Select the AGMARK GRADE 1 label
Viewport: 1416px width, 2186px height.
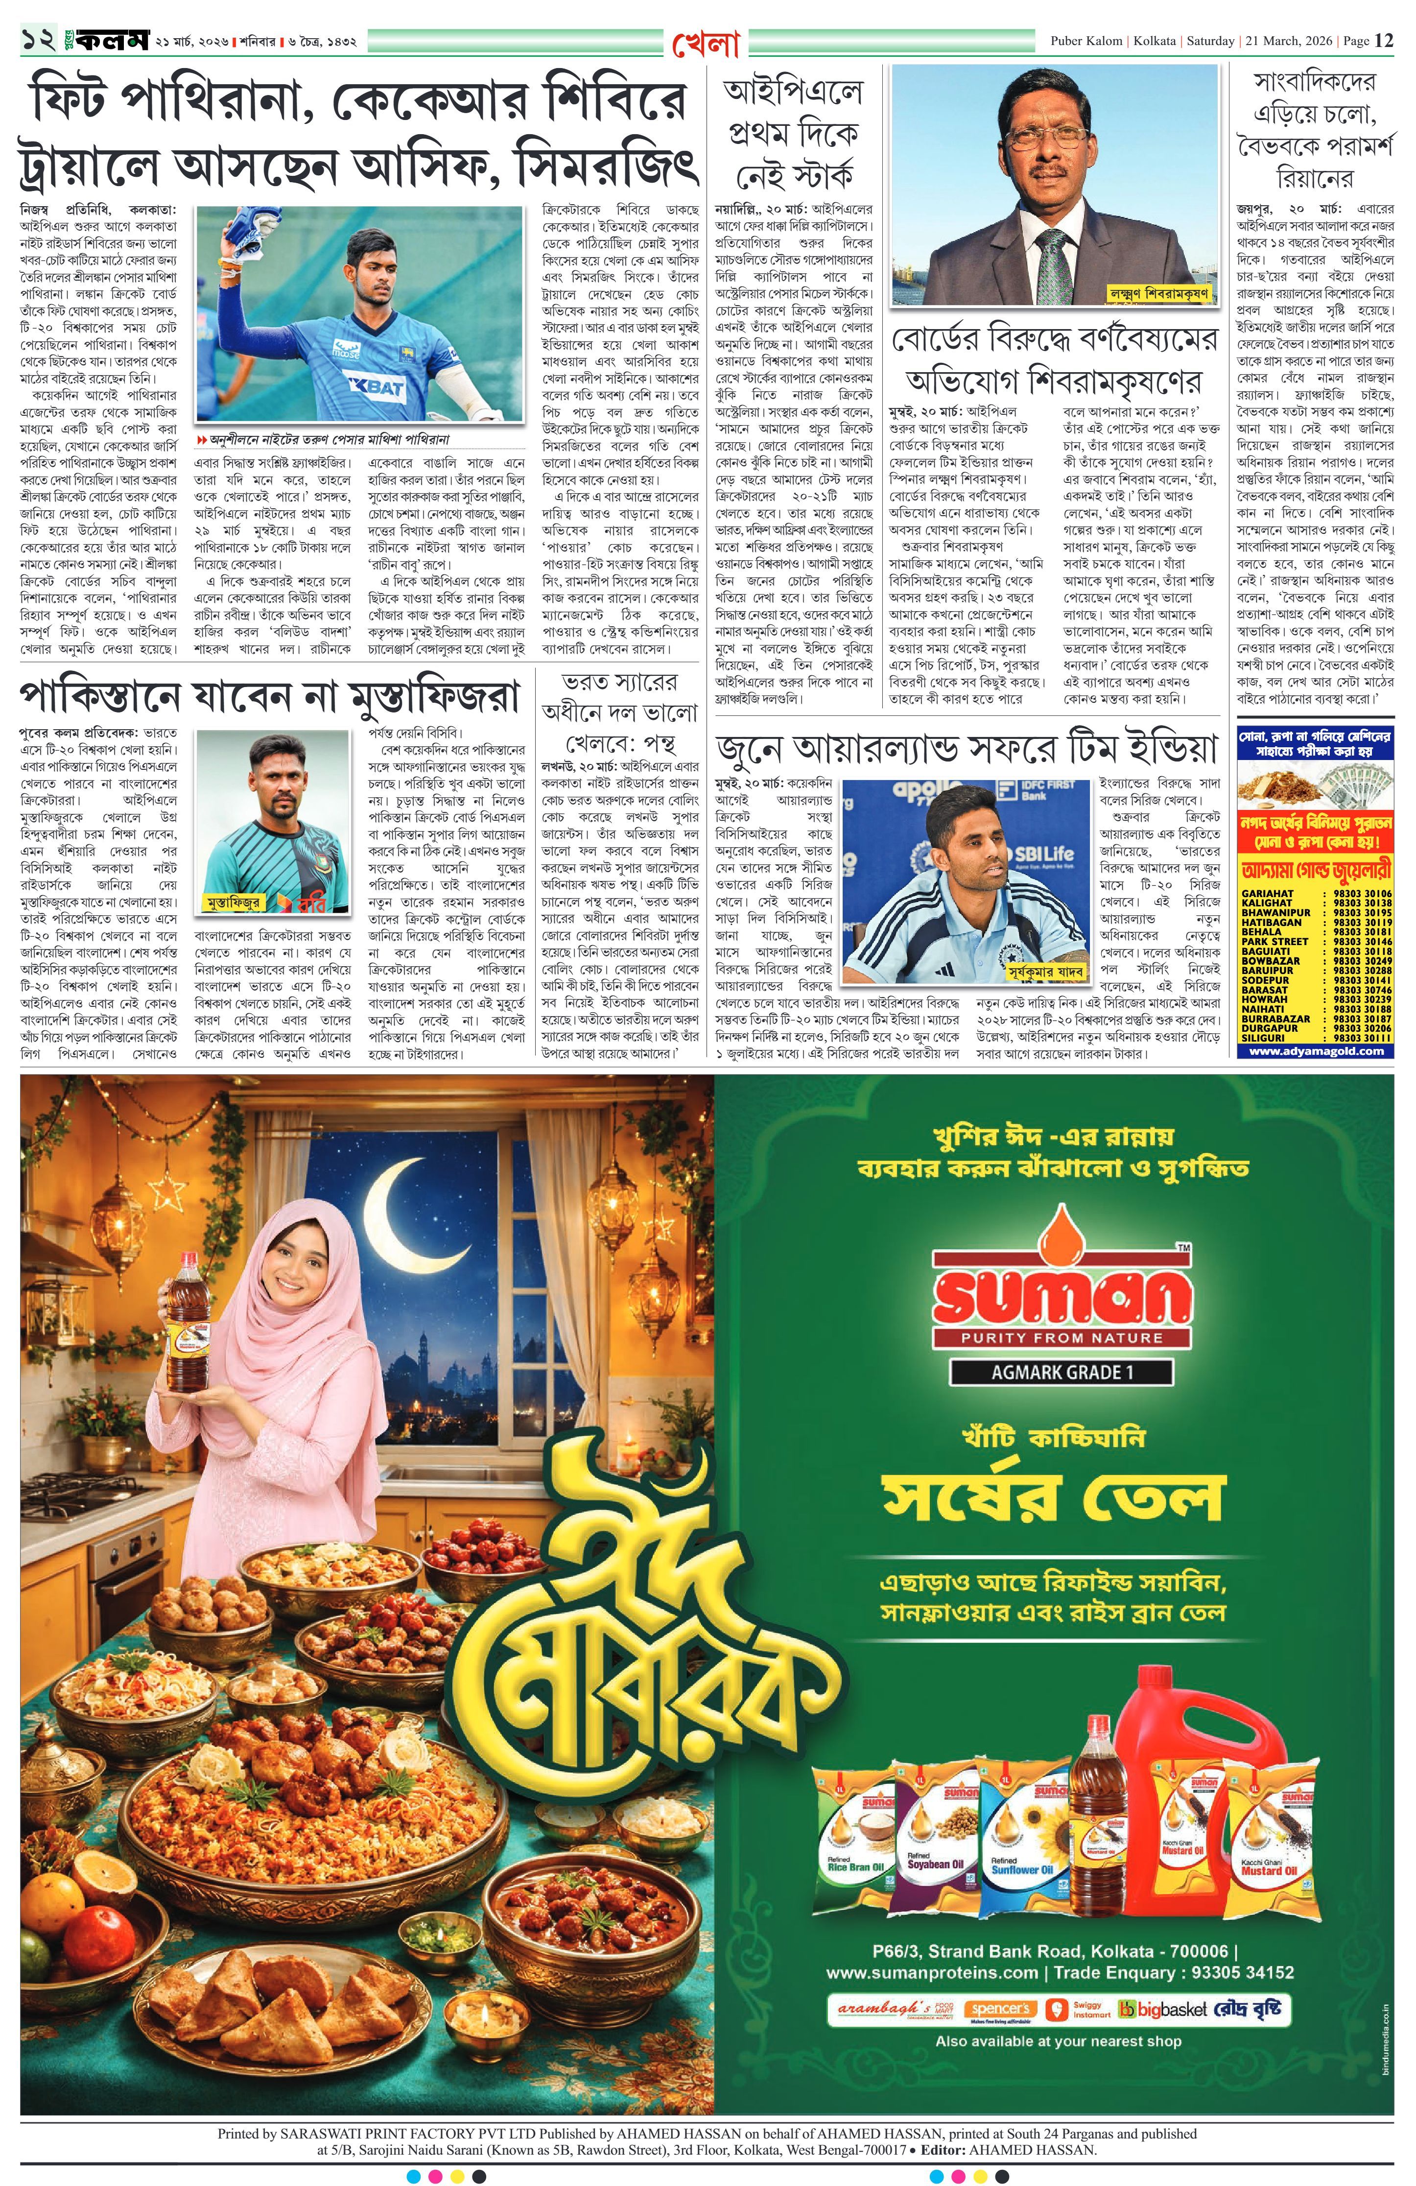pos(1061,1372)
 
